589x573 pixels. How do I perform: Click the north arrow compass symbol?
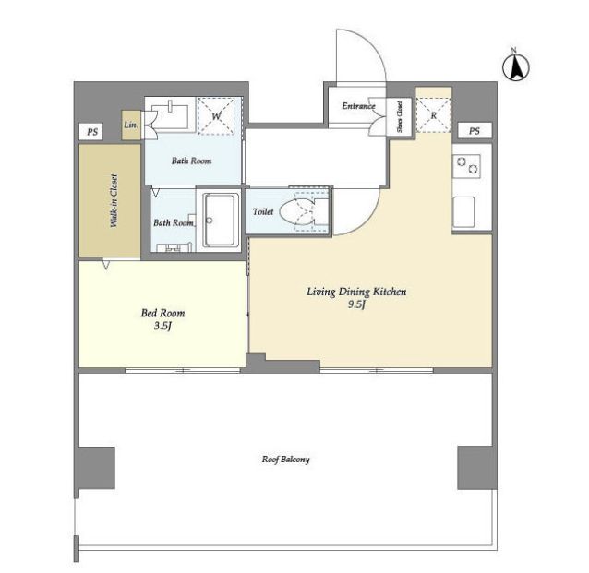click(x=516, y=66)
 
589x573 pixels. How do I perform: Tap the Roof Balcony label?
click(x=286, y=460)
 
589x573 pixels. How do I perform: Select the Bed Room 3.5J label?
click(x=162, y=319)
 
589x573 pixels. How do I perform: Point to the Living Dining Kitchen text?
click(x=356, y=292)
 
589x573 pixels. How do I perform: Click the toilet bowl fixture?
click(x=297, y=211)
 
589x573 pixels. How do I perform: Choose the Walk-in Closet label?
click(x=114, y=201)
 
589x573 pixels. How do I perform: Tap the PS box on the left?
click(x=92, y=132)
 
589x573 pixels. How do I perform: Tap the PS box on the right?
click(x=475, y=131)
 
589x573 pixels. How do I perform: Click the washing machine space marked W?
click(x=216, y=116)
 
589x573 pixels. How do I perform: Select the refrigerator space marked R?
click(x=434, y=115)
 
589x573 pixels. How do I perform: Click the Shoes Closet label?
click(x=400, y=117)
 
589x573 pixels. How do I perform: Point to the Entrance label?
click(x=358, y=106)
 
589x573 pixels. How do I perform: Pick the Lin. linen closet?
click(x=131, y=125)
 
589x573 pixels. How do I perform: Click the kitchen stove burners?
click(x=467, y=166)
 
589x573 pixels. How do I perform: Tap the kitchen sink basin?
click(x=463, y=212)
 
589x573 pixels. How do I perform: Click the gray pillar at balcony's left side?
click(x=97, y=468)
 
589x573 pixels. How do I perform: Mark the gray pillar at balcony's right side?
click(x=475, y=468)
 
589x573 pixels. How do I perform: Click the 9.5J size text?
click(x=356, y=304)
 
